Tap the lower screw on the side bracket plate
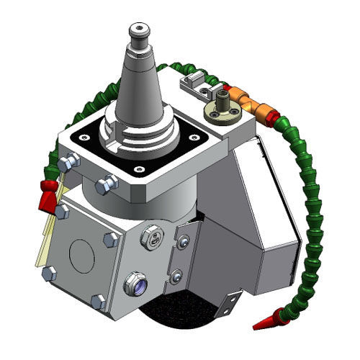(x=176, y=274)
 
